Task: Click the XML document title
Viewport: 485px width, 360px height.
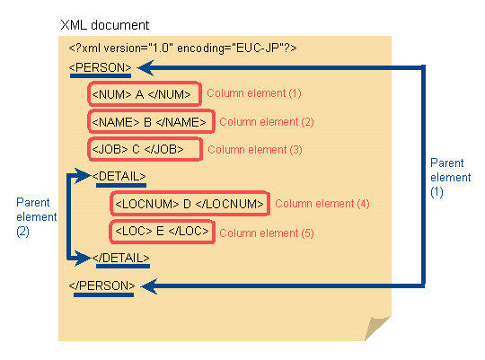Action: (x=105, y=25)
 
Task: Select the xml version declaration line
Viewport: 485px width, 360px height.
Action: (x=183, y=48)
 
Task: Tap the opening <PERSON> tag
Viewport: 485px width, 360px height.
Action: (x=101, y=67)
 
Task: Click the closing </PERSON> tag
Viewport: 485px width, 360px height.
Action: (x=102, y=285)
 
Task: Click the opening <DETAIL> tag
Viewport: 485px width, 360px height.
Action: (x=119, y=176)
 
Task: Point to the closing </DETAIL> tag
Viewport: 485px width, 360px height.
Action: (x=121, y=258)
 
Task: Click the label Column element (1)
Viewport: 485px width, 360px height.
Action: (x=254, y=93)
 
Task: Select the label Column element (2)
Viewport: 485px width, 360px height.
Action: (x=267, y=122)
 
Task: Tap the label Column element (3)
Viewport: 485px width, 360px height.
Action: (x=255, y=150)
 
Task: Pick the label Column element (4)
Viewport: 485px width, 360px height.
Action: (x=322, y=204)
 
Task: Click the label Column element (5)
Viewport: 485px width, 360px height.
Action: (x=267, y=233)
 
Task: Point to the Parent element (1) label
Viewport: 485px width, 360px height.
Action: (x=450, y=178)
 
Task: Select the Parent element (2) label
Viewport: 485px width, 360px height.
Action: (x=37, y=216)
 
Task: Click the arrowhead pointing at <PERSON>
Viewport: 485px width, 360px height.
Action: (x=145, y=67)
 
